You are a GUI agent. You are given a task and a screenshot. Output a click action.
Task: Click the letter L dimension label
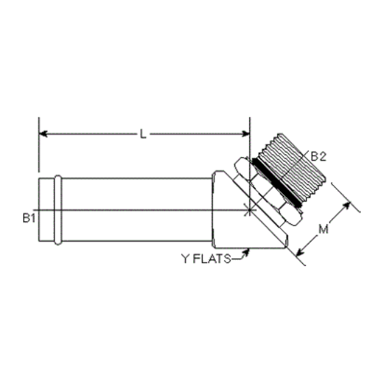coord(143,134)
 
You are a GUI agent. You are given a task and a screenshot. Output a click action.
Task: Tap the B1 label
coord(29,218)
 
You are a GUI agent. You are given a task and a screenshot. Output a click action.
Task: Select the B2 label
coord(318,156)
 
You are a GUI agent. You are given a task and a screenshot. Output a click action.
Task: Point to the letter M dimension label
coord(323,230)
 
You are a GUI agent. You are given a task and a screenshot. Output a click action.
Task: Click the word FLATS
coord(212,258)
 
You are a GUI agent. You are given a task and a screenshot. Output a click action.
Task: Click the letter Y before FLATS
coord(186,258)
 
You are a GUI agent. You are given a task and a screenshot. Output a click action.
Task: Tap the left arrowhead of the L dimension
coord(43,134)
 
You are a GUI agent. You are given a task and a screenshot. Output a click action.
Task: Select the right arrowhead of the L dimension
coord(245,134)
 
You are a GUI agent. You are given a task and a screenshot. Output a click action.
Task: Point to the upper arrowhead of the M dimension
coord(347,206)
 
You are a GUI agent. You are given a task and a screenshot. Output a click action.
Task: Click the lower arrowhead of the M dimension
coord(300,252)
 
